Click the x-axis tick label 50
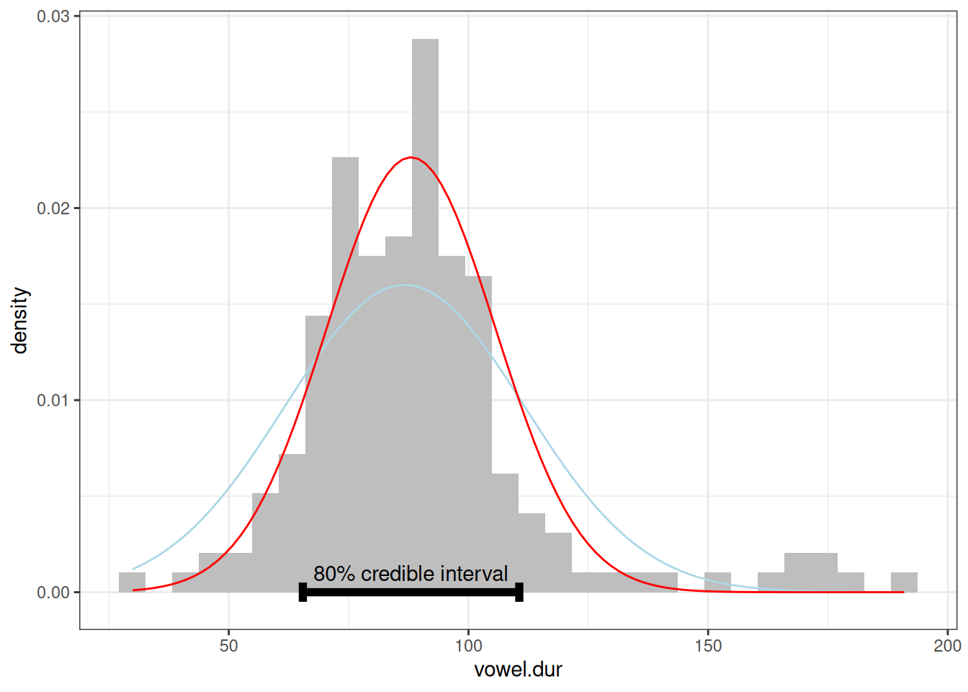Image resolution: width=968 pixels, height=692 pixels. pyautogui.click(x=228, y=646)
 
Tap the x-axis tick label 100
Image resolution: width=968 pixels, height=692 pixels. pyautogui.click(x=468, y=646)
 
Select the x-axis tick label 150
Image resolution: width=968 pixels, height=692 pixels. pyautogui.click(x=708, y=646)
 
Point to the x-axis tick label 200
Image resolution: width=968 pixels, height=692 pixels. pyautogui.click(x=947, y=646)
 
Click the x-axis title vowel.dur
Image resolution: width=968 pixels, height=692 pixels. pyautogui.click(x=518, y=670)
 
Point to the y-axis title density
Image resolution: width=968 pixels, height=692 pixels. pyautogui.click(x=19, y=321)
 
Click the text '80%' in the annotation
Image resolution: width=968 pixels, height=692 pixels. pyautogui.click(x=334, y=574)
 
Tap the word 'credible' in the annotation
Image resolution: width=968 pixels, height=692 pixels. pyautogui.click(x=398, y=574)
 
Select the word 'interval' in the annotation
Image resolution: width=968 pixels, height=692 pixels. pyautogui.click(x=474, y=574)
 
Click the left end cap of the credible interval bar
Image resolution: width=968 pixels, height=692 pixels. pyautogui.click(x=302, y=593)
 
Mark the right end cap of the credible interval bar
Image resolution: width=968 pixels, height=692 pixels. pyautogui.click(x=519, y=593)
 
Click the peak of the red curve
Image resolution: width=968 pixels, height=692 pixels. pyautogui.click(x=411, y=157)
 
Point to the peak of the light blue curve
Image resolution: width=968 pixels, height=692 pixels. pyautogui.click(x=405, y=285)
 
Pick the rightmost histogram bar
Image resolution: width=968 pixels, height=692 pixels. pyautogui.click(x=904, y=582)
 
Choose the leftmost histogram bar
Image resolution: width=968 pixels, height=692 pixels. pyautogui.click(x=132, y=582)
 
